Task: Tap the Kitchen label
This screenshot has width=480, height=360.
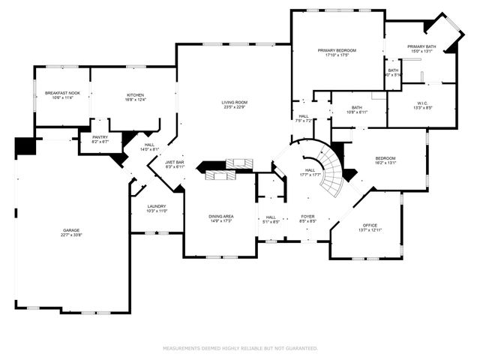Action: [x=135, y=95]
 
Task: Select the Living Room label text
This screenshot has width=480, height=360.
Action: [x=234, y=102]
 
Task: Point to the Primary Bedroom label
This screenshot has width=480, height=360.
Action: [x=336, y=50]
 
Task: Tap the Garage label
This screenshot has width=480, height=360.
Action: [x=71, y=230]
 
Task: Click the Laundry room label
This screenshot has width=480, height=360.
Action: [x=157, y=206]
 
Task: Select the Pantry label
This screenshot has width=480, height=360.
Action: [x=100, y=137]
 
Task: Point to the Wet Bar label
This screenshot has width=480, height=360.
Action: [x=175, y=162]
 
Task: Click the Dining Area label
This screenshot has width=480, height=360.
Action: [x=220, y=217]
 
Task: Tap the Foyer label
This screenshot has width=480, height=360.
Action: [x=308, y=217]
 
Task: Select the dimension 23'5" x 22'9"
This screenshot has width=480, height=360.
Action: [x=234, y=107]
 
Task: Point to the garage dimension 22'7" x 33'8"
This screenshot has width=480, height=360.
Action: [x=71, y=235]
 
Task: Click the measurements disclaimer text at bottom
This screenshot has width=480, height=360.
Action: [x=240, y=348]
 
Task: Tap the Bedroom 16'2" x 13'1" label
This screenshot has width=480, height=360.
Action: [x=385, y=158]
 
